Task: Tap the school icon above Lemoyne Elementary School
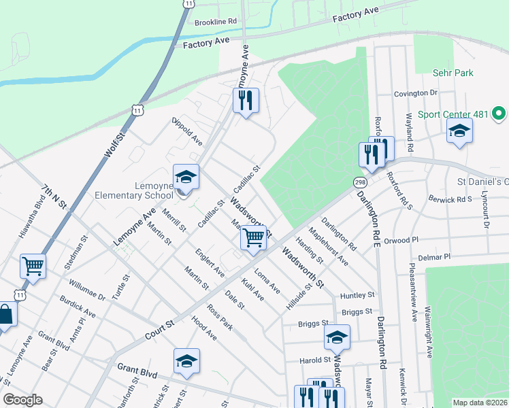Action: click(186, 177)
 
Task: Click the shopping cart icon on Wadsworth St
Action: click(254, 238)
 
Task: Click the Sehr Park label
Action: click(453, 73)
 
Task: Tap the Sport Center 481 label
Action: click(453, 114)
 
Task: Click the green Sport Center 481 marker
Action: click(499, 113)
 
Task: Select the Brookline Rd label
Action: click(215, 22)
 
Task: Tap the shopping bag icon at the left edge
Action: click(5, 315)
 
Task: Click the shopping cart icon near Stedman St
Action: click(33, 266)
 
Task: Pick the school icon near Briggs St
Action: click(337, 337)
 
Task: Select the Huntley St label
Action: click(358, 295)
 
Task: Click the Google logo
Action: click(22, 400)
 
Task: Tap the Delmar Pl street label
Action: click(436, 258)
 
